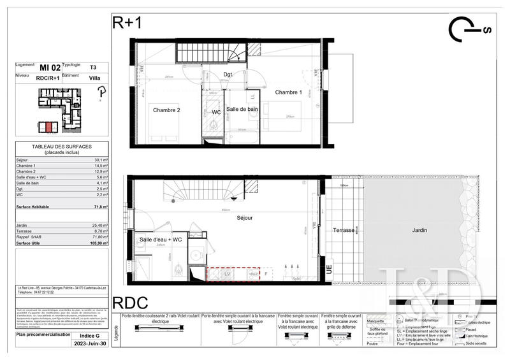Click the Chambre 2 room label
(166, 110)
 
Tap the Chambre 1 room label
(289, 92)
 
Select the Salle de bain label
(242, 110)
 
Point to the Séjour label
(244, 218)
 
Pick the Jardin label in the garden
(419, 230)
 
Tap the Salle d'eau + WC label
(162, 240)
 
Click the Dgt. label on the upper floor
(228, 75)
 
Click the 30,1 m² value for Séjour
(101, 160)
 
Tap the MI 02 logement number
(49, 66)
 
